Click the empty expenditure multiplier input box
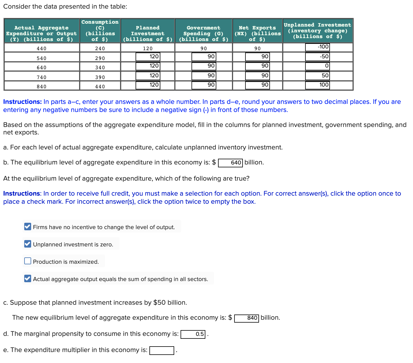point(162,350)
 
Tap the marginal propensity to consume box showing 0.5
point(193,334)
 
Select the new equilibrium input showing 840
point(247,318)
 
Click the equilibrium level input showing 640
point(230,163)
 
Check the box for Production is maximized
point(28,261)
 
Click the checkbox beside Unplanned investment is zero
point(28,244)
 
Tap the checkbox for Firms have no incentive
point(28,227)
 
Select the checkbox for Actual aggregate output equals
point(28,278)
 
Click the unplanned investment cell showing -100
point(317,47)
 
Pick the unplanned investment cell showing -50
point(317,57)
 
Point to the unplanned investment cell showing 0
point(317,66)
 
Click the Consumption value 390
point(100,77)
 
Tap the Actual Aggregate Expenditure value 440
point(42,48)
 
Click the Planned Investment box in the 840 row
point(148,85)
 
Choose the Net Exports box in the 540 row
point(257,57)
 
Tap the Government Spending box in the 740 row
point(203,76)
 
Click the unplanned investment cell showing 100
point(317,85)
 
